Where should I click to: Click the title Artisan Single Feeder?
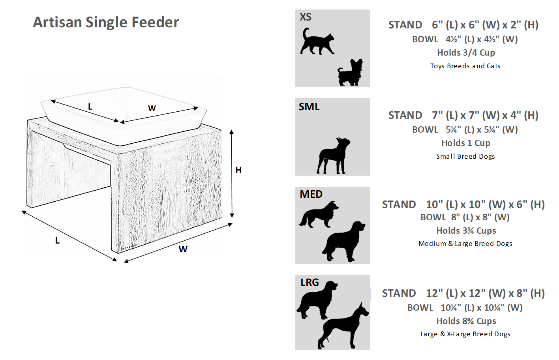106,22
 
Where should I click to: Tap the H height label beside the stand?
238,170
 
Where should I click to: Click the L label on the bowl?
90,107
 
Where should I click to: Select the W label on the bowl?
152,108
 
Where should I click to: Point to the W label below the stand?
183,249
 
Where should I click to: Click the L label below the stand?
57,240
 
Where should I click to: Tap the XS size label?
306,17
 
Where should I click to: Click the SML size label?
309,107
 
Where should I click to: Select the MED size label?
311,194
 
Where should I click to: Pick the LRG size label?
310,282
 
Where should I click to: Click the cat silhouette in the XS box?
317,42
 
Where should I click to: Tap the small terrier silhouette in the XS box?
350,72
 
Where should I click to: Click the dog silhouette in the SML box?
333,156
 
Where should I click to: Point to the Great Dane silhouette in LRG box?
343,326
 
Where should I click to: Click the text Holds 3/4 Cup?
466,52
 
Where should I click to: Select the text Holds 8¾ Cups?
466,321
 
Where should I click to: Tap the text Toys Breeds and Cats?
465,66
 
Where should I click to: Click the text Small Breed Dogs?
465,156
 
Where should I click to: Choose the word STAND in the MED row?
399,204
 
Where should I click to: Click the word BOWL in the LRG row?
420,308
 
